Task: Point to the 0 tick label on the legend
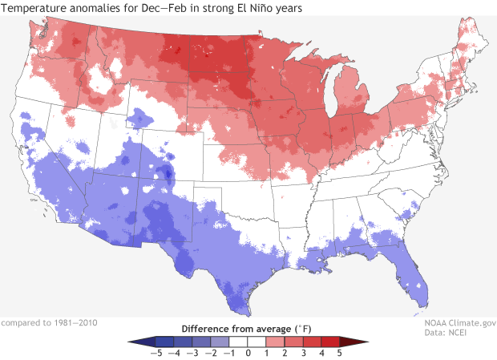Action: tap(248, 353)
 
